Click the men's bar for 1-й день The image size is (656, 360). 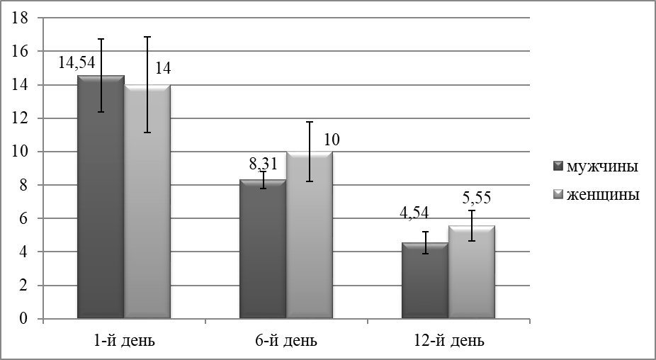(101, 197)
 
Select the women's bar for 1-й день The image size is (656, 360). (147, 201)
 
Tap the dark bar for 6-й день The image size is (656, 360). (263, 249)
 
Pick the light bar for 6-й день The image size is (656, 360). (310, 235)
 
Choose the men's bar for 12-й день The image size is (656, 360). (425, 281)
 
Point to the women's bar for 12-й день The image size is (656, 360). (472, 272)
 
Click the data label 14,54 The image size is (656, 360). (77, 62)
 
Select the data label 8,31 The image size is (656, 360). (263, 164)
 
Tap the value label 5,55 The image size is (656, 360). (476, 197)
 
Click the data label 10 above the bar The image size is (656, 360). (332, 140)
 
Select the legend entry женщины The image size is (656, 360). (596, 195)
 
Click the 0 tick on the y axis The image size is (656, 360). (23, 319)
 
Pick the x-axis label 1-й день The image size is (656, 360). (124, 341)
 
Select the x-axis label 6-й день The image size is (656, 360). (286, 341)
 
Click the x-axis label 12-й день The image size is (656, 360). (448, 341)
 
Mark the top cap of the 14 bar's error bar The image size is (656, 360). (147, 37)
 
